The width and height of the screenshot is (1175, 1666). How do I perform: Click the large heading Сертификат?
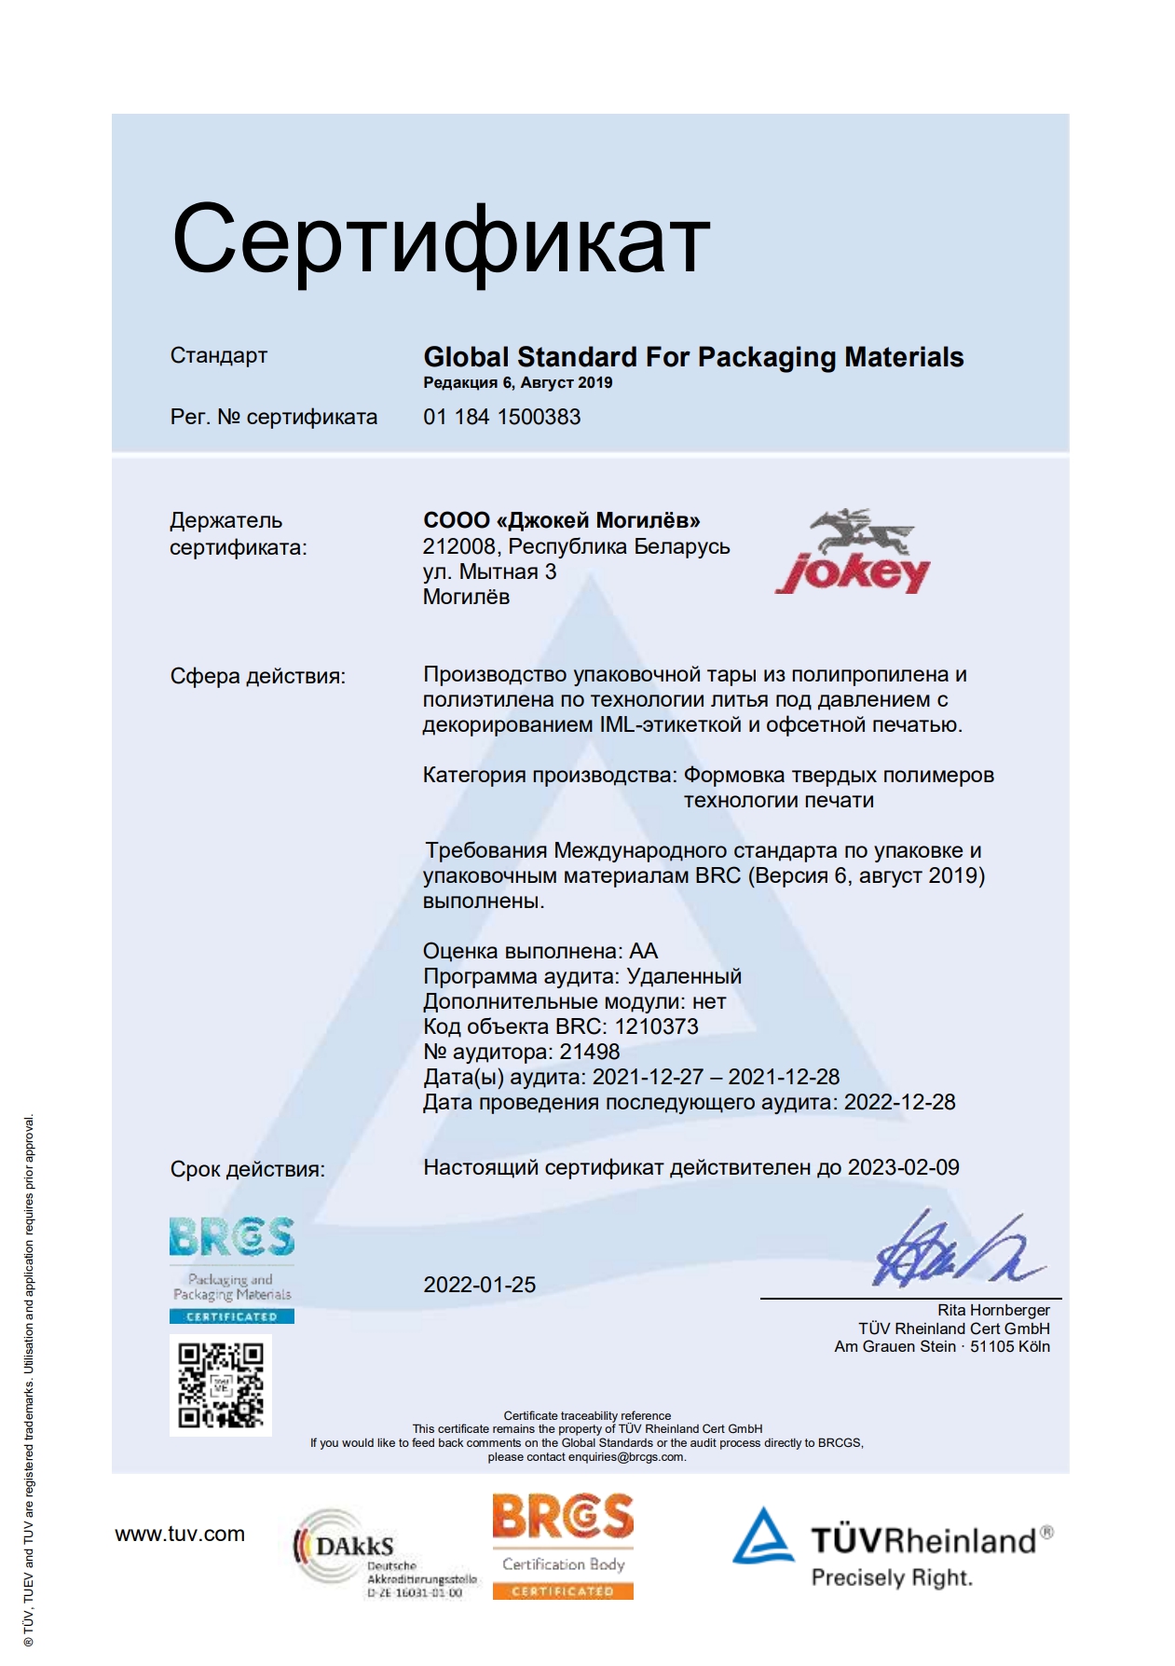point(441,240)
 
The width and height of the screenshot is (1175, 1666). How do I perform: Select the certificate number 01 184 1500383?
point(501,417)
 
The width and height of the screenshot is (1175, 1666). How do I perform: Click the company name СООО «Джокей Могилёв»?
point(561,520)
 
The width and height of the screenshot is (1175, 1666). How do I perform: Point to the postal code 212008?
point(458,546)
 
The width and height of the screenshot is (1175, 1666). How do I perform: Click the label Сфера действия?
point(257,676)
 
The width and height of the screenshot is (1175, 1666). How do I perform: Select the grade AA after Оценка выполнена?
point(644,951)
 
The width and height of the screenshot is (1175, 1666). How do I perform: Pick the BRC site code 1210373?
point(656,1026)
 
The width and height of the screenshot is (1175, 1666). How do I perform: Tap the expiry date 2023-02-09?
point(903,1167)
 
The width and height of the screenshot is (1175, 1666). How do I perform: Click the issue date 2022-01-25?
point(480,1285)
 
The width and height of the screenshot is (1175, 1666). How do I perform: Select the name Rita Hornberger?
point(993,1310)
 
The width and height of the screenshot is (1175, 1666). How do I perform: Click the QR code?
point(221,1385)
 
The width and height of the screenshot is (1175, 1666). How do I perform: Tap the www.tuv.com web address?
point(180,1534)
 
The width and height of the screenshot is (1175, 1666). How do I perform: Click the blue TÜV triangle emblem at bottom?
point(763,1536)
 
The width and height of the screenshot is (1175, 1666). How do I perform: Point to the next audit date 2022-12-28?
point(899,1102)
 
